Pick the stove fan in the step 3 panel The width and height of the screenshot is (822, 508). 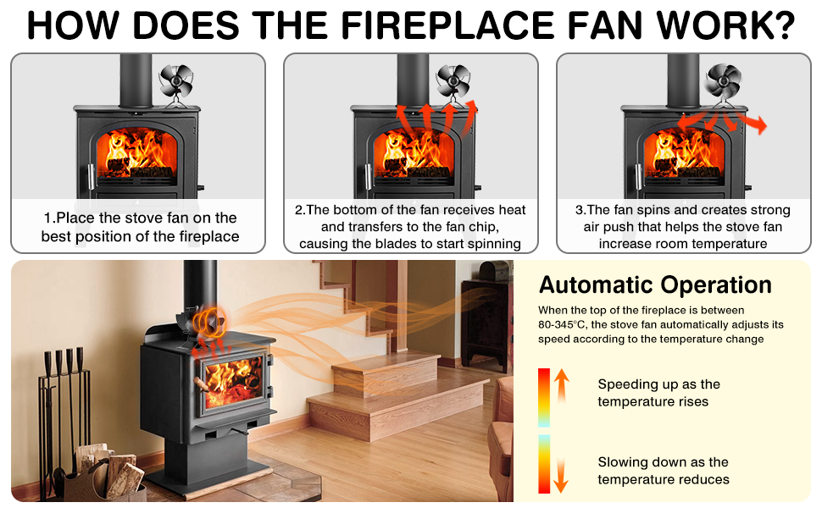724,83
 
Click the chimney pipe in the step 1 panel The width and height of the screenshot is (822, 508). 136,80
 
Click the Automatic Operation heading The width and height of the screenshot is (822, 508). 655,284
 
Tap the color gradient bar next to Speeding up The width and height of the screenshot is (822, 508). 543,396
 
